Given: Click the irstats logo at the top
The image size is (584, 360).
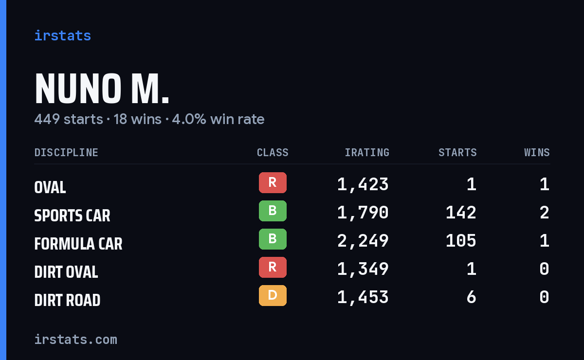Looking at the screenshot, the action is click(x=63, y=36).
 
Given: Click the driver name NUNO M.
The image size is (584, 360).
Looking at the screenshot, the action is click(x=102, y=89).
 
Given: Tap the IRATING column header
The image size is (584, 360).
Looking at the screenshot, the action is click(x=367, y=152).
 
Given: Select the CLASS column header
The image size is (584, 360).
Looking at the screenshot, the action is click(x=273, y=152).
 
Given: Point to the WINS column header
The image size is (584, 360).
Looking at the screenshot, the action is click(x=537, y=152).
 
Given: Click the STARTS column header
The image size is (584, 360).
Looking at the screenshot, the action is click(x=457, y=152).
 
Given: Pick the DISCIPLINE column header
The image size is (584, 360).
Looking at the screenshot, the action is click(x=66, y=152).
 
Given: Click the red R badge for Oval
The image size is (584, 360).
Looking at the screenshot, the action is click(x=273, y=182).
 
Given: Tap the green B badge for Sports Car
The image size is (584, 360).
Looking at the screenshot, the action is click(x=273, y=211).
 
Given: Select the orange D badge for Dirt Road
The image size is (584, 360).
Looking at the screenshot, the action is click(x=273, y=295).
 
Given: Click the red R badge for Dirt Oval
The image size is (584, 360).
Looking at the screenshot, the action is click(x=273, y=267).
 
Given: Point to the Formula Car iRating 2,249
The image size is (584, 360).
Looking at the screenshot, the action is click(x=363, y=241).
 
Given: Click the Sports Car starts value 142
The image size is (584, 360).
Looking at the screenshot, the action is click(x=461, y=213).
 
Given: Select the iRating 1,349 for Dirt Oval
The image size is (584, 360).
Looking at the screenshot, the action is click(x=363, y=270).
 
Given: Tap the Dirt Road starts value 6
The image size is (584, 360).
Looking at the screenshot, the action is click(x=472, y=297).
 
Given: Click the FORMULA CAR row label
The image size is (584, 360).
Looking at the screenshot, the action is click(x=78, y=244).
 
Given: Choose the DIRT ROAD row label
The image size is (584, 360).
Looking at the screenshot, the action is click(x=67, y=300).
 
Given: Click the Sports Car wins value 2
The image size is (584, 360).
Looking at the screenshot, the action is click(x=545, y=213).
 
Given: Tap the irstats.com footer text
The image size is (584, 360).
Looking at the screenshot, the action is click(x=76, y=340).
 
